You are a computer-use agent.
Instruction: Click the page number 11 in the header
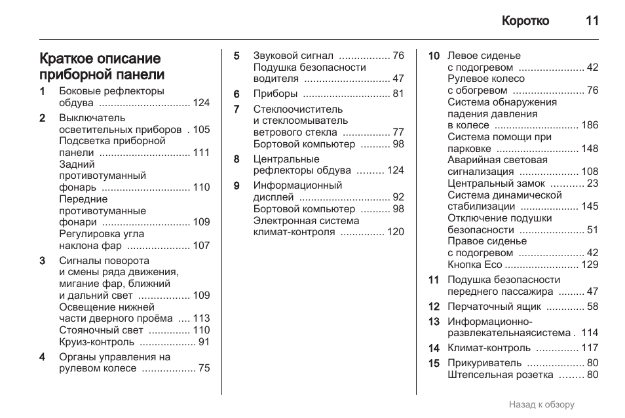(x=592, y=21)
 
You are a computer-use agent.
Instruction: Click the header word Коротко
(x=525, y=21)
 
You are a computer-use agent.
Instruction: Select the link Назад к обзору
(x=541, y=404)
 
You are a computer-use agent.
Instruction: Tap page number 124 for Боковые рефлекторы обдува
(x=201, y=103)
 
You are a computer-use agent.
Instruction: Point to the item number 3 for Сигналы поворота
(x=43, y=261)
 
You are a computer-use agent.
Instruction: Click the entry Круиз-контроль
(x=97, y=342)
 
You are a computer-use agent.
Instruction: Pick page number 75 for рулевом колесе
(x=204, y=368)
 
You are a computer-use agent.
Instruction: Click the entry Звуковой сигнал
(x=294, y=56)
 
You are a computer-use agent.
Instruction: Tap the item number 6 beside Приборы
(x=237, y=94)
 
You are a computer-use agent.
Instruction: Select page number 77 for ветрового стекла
(x=398, y=132)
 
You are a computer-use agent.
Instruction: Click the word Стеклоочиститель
(x=298, y=109)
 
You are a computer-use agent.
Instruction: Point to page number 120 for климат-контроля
(x=396, y=232)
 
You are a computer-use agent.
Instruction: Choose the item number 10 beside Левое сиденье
(x=434, y=56)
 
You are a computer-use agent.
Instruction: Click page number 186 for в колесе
(x=590, y=125)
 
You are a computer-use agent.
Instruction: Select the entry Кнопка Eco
(x=474, y=265)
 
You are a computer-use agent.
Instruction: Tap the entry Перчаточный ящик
(x=494, y=306)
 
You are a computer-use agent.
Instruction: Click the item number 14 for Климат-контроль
(x=434, y=348)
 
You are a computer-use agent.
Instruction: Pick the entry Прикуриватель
(x=484, y=363)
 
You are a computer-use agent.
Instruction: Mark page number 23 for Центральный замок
(x=592, y=183)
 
